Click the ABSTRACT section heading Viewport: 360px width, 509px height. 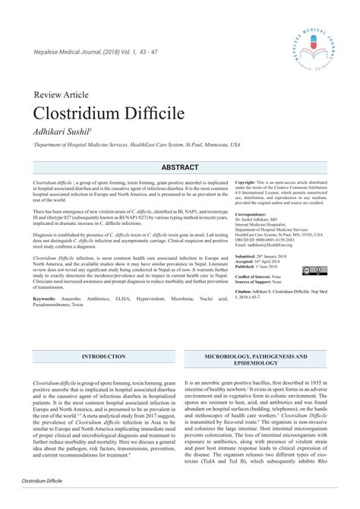(180, 167)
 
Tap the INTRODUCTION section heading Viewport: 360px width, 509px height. (103, 356)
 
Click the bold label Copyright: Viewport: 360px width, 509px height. (250, 183)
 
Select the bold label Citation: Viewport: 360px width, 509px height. (248, 291)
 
